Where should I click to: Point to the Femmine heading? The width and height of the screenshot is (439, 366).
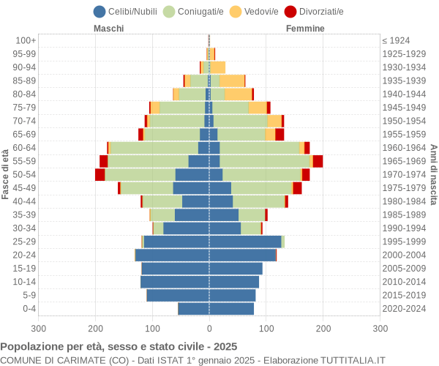coord(305,29)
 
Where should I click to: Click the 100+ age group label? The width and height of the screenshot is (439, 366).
coord(26,40)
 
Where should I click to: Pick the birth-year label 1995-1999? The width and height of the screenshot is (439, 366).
coord(404,242)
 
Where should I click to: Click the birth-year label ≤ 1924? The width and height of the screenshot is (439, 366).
coord(397,40)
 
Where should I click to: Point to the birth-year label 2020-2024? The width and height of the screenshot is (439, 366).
coord(404,309)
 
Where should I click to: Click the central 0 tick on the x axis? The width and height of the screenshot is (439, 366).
coord(209,329)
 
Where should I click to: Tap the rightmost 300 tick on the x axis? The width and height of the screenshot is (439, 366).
coord(380,329)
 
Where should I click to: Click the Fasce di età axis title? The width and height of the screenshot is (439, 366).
coord(6,174)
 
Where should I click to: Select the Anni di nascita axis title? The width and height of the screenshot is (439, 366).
coord(433,174)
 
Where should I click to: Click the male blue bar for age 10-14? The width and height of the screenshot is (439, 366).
coord(175,282)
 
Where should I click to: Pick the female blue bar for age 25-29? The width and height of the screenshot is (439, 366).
coord(245,242)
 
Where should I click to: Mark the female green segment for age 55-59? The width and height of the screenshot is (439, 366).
coord(264,161)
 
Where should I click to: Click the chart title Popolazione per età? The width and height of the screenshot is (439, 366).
coord(119,346)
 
